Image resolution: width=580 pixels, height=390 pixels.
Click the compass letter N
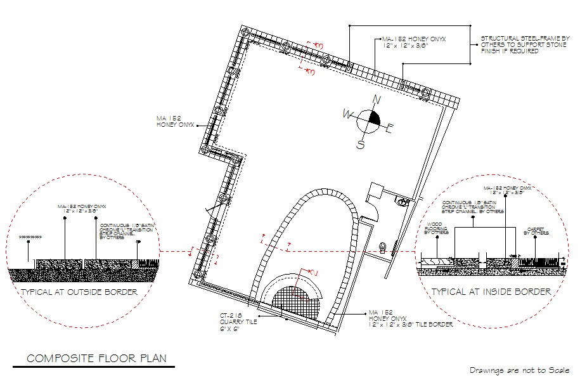coord(377,100)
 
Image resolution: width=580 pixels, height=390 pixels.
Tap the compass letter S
coord(361,144)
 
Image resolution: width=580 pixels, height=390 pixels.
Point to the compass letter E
coord(390,129)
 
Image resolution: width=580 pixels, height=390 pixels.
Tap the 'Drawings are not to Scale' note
coord(520,370)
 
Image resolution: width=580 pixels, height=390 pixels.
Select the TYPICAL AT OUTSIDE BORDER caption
coord(79,292)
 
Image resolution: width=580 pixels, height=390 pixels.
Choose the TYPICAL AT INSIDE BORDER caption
coord(491,292)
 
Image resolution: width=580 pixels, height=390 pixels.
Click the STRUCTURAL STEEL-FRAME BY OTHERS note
coord(525,44)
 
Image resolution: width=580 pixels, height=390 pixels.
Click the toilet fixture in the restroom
coord(383,245)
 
